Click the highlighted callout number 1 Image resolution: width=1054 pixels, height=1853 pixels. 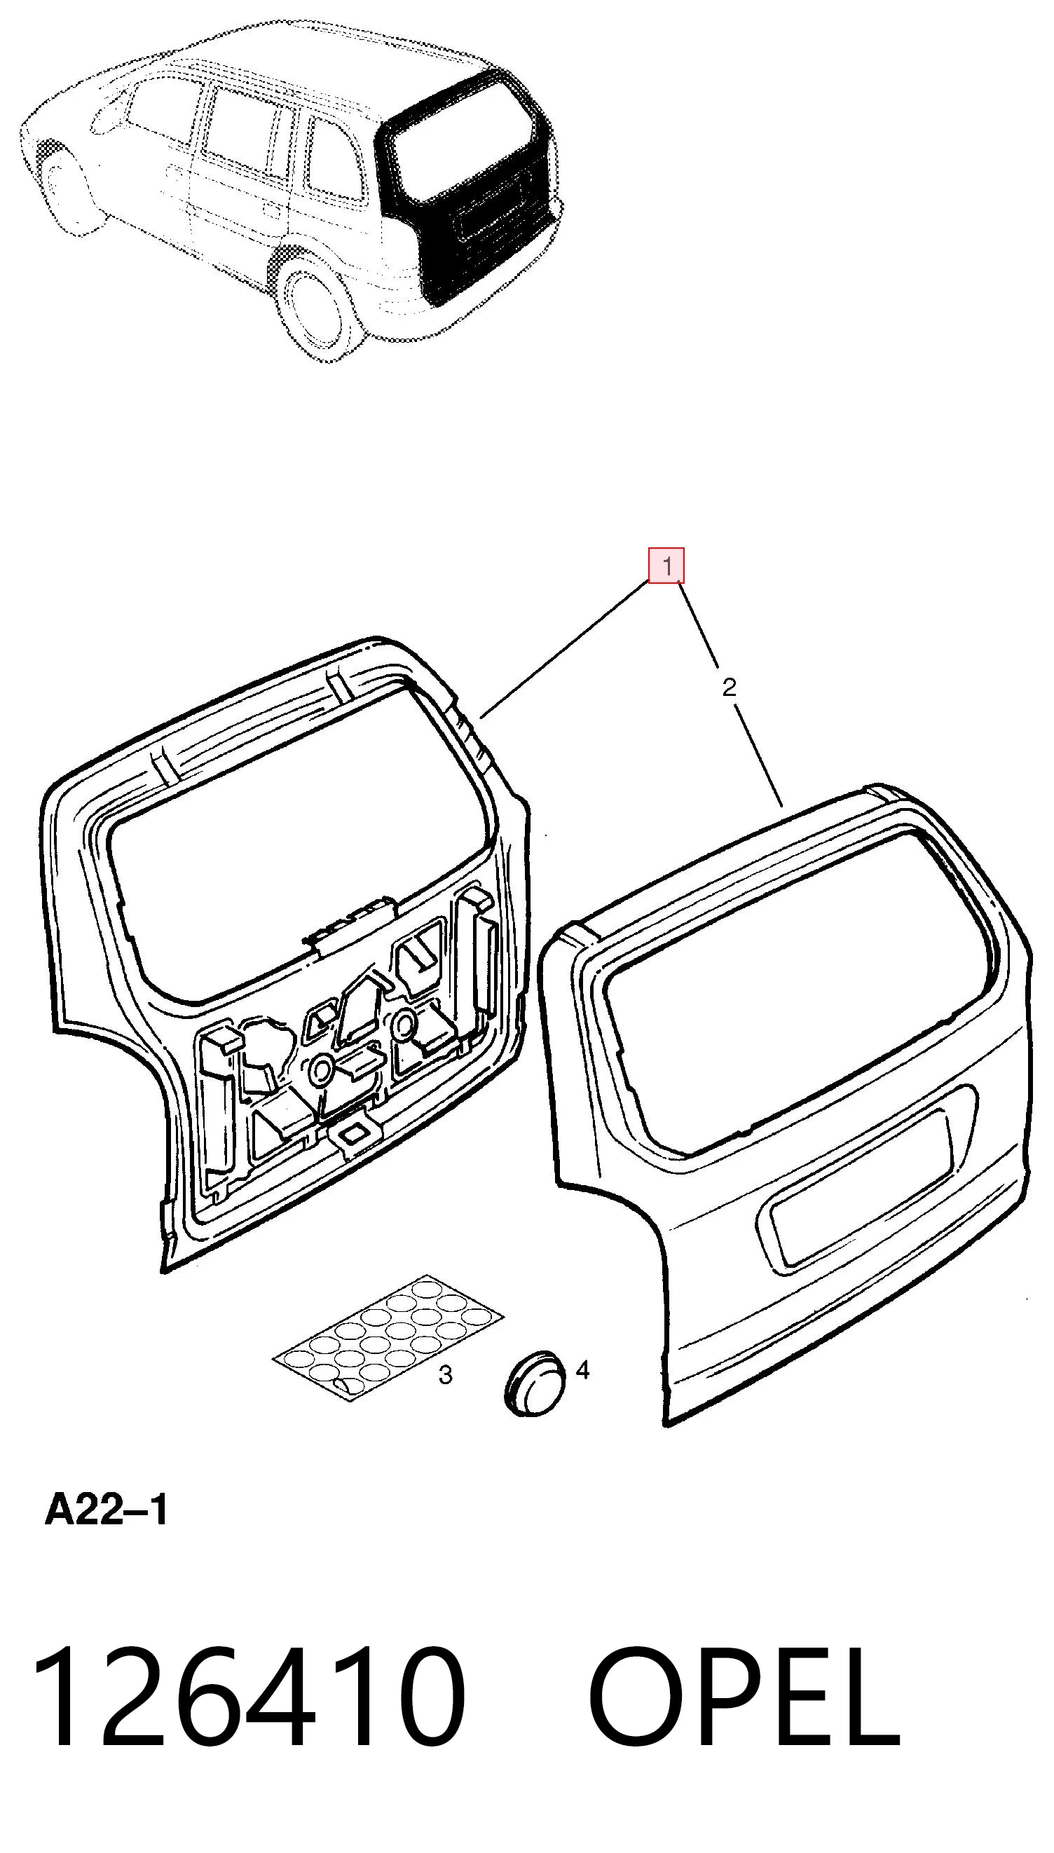tap(666, 566)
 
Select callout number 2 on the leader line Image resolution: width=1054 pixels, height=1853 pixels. tap(729, 687)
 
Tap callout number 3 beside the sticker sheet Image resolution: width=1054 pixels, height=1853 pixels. tap(446, 1374)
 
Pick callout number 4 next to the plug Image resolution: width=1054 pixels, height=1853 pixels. tap(582, 1369)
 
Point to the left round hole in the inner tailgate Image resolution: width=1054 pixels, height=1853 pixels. tap(320, 1068)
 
